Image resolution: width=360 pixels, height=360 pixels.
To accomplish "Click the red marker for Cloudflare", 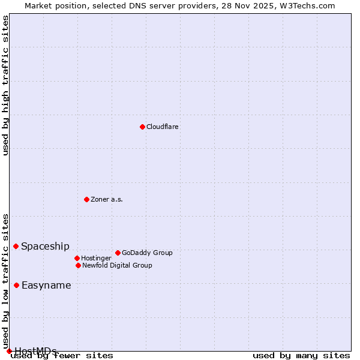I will coord(142,127).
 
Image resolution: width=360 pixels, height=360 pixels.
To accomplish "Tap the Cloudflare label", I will coord(163,127).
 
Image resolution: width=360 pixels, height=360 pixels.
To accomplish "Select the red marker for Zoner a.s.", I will coord(86,199).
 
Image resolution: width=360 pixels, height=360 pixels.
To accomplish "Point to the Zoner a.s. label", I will coord(107,199).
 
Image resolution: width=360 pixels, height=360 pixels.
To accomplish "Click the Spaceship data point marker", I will coord(16,246).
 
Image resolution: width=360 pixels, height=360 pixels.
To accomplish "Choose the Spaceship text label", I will coord(46,246).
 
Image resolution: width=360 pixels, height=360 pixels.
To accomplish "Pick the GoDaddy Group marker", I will coord(118,253).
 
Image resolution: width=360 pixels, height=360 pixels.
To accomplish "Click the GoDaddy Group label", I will coord(147,253).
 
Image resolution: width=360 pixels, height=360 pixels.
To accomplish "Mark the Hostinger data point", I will coord(77,258).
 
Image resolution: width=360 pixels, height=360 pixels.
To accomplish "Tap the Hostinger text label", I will coord(96,258).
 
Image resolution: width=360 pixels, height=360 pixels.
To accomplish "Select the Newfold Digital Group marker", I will coord(78,265).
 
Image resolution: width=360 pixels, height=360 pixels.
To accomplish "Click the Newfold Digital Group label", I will coord(117,265).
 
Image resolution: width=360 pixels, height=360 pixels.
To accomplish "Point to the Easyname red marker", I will coord(16,285).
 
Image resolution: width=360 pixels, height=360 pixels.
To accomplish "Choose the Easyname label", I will coord(46,286).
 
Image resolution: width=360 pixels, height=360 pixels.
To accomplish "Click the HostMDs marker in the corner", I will coord(9,351).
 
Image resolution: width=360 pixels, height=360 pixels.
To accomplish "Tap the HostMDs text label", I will coord(35,351).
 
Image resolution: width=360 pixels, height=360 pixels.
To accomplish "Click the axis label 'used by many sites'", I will coord(301,356).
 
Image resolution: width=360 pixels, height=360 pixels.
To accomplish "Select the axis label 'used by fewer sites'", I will coord(62,356).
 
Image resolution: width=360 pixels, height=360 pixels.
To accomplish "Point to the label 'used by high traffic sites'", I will coord(6,85).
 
